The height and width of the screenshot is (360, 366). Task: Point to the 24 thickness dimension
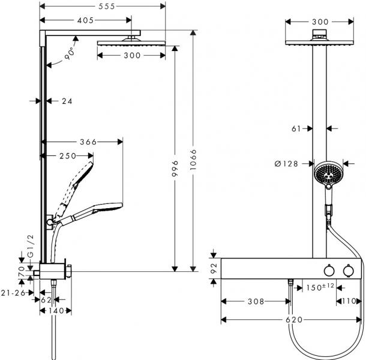pos(66,101)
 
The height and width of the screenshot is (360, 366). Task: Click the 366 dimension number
pos(88,142)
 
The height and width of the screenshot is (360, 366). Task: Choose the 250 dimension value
pos(67,156)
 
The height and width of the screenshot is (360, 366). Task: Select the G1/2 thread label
pos(31,245)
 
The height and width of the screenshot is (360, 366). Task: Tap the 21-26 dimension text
pos(13,293)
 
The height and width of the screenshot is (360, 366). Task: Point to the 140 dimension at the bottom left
pos(56,311)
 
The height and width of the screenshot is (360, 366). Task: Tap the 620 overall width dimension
pos(293,320)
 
